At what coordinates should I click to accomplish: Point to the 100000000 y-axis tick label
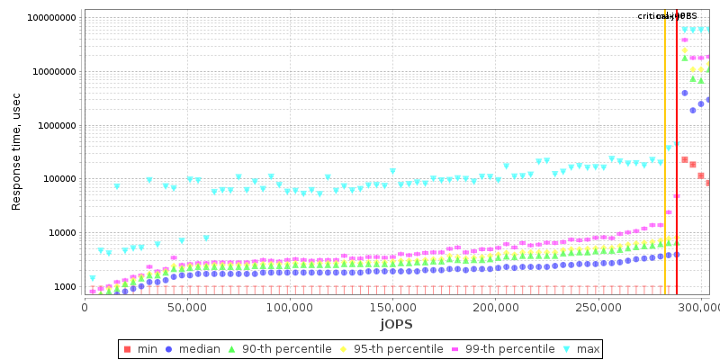(52, 18)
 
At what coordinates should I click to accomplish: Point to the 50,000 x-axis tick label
(187, 308)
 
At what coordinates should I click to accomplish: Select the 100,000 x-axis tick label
(290, 308)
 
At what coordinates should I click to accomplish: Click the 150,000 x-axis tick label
(393, 308)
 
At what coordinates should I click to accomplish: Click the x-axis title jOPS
(396, 323)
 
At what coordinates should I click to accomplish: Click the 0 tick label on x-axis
(85, 308)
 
